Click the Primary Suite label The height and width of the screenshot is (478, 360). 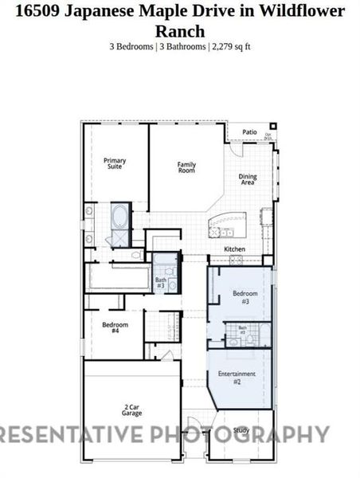click(115, 163)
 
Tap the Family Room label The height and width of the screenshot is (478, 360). click(186, 167)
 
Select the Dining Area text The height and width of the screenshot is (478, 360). click(248, 180)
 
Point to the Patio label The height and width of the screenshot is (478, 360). click(249, 132)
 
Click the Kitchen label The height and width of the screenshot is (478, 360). click(234, 249)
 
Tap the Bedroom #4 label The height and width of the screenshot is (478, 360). click(111, 326)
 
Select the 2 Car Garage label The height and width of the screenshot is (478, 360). click(132, 410)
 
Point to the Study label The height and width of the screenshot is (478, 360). click(242, 431)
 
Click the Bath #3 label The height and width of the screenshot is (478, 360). click(161, 281)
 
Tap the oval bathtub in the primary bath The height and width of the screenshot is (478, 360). click(119, 216)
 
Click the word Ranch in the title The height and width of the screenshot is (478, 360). click(180, 30)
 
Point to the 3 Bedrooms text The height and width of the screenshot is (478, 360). click(132, 47)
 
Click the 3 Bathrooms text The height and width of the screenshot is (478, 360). click(182, 47)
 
